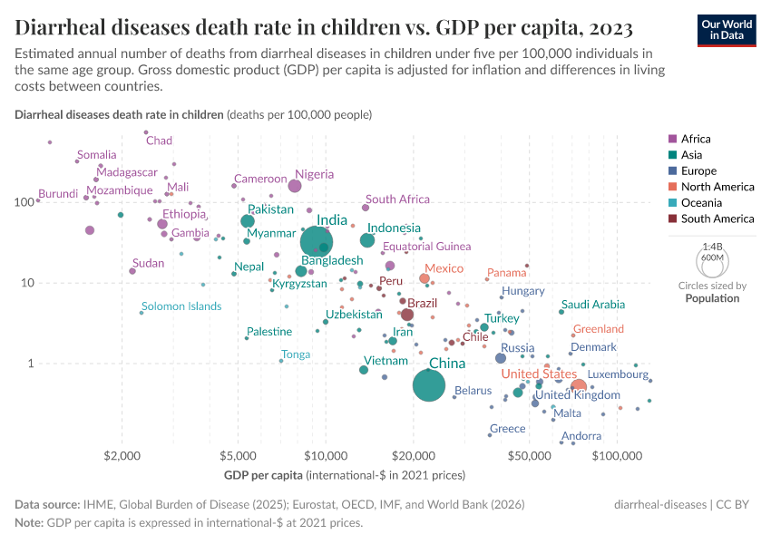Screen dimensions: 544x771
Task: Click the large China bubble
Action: tap(429, 385)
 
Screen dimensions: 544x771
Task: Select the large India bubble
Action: tap(316, 242)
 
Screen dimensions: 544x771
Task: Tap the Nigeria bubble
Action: tap(295, 186)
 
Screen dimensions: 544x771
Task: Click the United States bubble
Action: tap(579, 387)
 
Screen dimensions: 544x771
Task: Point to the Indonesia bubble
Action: tap(367, 240)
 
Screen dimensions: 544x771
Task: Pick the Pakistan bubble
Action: tap(248, 221)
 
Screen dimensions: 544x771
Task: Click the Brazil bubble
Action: tap(407, 315)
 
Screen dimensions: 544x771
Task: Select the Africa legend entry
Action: tap(696, 139)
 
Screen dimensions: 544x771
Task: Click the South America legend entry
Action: tap(717, 219)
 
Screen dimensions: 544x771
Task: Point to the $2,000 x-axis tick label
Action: tap(121, 455)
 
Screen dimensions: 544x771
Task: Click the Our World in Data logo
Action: tap(727, 29)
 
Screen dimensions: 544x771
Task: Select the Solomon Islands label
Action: tap(181, 306)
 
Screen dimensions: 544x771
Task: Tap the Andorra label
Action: tap(581, 436)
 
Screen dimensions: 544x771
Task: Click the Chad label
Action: tap(159, 141)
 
